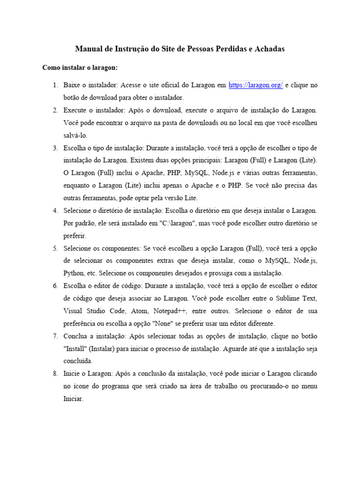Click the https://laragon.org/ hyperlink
tap(255, 85)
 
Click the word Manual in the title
tap(89, 49)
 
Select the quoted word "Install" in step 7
tap(75, 349)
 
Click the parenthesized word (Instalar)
tap(106, 349)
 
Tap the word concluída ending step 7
tap(78, 361)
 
